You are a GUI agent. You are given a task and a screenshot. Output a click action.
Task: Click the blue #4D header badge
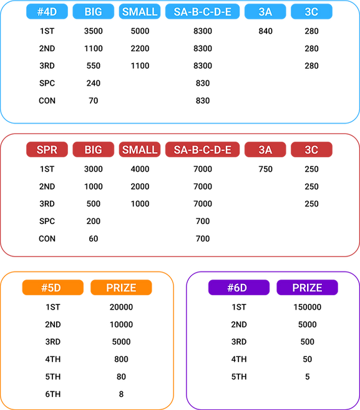(x=47, y=11)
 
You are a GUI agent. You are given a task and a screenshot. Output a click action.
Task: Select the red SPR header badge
(x=47, y=150)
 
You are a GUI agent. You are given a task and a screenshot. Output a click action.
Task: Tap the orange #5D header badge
(x=53, y=287)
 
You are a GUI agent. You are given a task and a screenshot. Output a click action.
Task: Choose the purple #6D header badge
(x=239, y=287)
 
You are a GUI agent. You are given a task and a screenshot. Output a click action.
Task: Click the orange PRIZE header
(x=121, y=287)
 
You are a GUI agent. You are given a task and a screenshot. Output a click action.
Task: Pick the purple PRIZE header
(x=307, y=287)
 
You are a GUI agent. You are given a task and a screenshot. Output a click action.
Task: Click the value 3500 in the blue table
(x=94, y=31)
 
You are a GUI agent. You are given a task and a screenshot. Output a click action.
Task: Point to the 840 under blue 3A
(x=265, y=31)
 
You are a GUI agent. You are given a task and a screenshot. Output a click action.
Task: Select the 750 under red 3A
(x=265, y=169)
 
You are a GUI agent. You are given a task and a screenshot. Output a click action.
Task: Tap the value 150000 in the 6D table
(x=307, y=307)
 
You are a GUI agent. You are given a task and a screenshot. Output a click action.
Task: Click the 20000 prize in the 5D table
(x=121, y=307)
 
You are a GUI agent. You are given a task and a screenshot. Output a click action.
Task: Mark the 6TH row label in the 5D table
(x=53, y=394)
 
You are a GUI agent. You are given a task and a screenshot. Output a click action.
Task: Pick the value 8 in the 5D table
(x=121, y=394)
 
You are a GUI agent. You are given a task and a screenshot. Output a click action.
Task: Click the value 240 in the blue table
(x=94, y=83)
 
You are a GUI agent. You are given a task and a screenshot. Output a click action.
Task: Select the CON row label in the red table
(x=47, y=239)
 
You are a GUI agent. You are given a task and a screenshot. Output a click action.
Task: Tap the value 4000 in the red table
(x=140, y=169)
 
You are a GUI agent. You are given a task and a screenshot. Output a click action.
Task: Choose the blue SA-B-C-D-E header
(x=202, y=11)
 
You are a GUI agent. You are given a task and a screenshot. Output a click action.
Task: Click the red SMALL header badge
(x=140, y=150)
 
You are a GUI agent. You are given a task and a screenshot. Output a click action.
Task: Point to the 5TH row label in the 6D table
(x=239, y=377)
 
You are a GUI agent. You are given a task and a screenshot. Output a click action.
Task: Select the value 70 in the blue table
(x=94, y=100)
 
